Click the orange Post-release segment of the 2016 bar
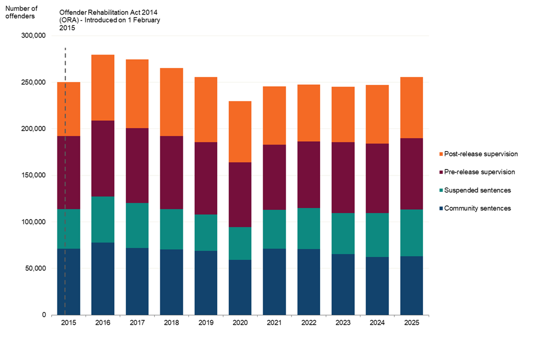tap(102, 88)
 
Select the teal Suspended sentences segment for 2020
tap(240, 243)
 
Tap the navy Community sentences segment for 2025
tap(412, 285)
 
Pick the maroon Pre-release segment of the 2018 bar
tap(172, 173)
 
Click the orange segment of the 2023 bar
tap(343, 114)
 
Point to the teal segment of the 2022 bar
tap(309, 228)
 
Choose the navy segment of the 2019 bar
tap(206, 283)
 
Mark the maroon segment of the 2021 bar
tap(274, 177)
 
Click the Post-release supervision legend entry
tap(478, 154)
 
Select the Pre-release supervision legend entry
tap(477, 172)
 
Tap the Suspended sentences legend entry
tap(475, 190)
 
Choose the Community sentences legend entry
tap(475, 208)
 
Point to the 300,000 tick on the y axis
tap(33, 35)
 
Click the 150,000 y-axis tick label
tap(33, 175)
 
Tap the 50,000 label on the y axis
tap(35, 268)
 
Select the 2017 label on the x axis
tap(137, 322)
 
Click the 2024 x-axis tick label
tap(377, 322)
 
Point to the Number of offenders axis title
tap(21, 12)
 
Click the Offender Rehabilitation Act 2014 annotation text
tap(110, 20)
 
